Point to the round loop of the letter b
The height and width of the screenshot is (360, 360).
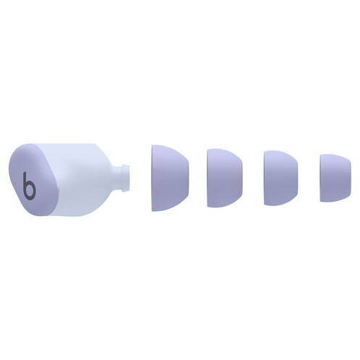[x=30, y=191]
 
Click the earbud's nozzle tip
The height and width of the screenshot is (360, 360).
[x=126, y=178]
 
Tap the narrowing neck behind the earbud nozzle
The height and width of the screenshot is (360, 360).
[x=117, y=178]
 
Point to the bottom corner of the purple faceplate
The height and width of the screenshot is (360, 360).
[x=48, y=213]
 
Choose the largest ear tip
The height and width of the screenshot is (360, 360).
[x=170, y=178]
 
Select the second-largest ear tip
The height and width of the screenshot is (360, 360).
[x=225, y=178]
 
